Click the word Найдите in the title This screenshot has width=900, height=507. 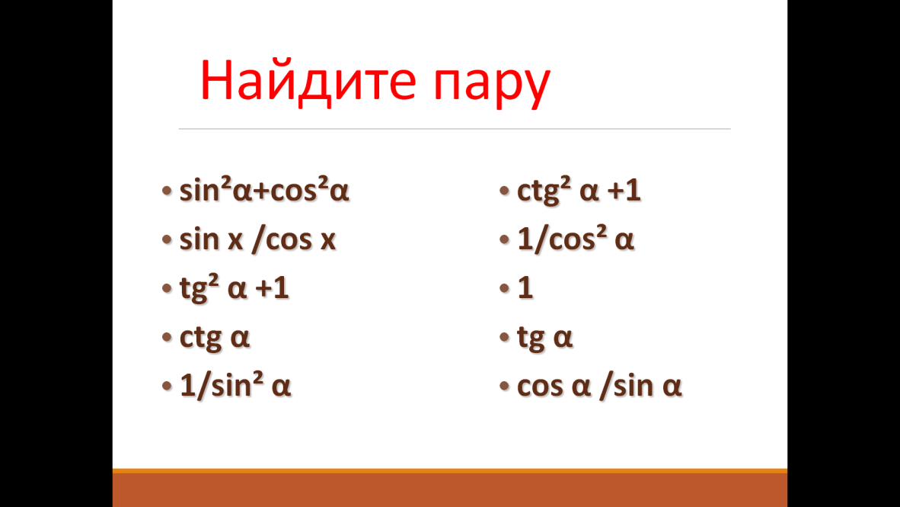[x=308, y=81]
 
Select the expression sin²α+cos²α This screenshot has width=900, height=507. [x=264, y=190]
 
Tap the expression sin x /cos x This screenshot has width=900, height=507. [x=257, y=239]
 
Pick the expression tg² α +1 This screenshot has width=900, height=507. [x=235, y=288]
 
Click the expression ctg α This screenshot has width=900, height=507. [x=215, y=338]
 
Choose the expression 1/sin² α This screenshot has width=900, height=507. [x=235, y=385]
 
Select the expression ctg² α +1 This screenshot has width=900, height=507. [x=579, y=191]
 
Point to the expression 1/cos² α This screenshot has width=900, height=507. [x=575, y=239]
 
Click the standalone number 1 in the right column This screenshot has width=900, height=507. [x=525, y=287]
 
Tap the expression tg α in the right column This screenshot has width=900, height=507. [x=544, y=338]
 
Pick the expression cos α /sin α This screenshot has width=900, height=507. [x=599, y=386]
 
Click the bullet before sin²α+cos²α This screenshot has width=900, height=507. [x=167, y=191]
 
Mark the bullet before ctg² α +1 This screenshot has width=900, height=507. [x=505, y=191]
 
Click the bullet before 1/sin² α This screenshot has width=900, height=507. [x=167, y=386]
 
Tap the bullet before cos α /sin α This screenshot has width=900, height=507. [x=505, y=386]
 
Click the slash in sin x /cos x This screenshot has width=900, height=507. [x=258, y=239]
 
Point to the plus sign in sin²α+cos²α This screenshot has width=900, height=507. [x=261, y=191]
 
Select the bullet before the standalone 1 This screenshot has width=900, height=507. [x=505, y=288]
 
